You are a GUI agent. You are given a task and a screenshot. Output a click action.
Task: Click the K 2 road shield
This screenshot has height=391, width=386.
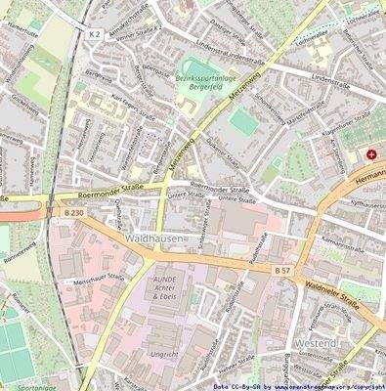[94, 33]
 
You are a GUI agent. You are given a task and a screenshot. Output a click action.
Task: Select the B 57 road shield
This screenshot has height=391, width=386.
[281, 269]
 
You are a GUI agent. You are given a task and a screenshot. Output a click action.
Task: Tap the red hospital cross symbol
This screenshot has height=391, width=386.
[372, 155]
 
